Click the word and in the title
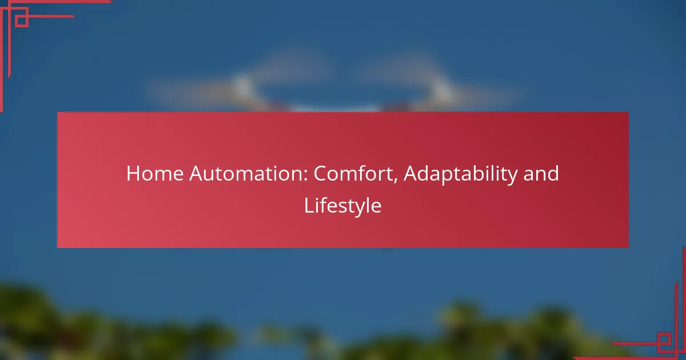tap(540, 173)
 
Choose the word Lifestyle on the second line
tap(342, 206)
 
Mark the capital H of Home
tap(132, 173)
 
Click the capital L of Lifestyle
tap(308, 205)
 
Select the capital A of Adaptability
tap(411, 173)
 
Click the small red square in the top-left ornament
tap(22, 21)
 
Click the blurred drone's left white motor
tap(244, 86)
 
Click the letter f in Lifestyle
tap(324, 205)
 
